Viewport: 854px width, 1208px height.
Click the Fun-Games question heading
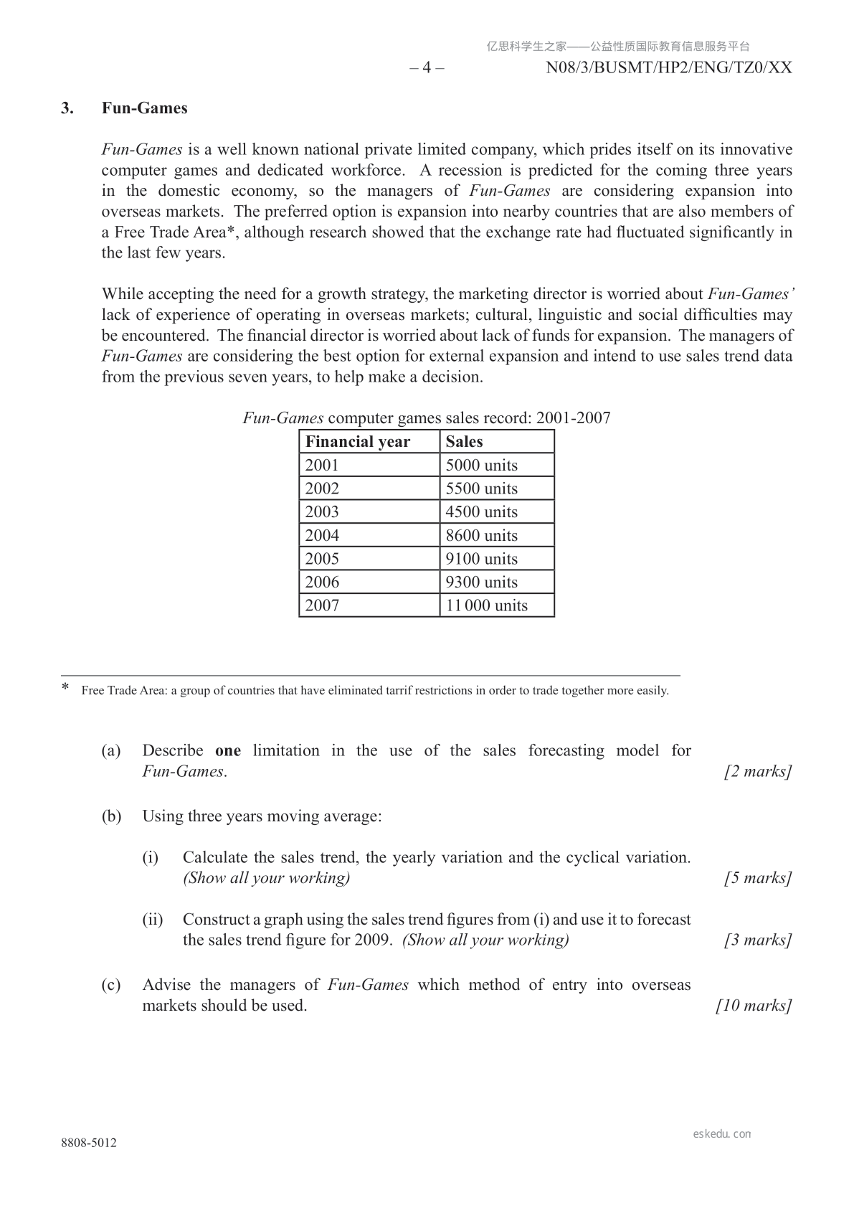click(144, 108)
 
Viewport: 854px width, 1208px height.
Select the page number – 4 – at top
click(427, 67)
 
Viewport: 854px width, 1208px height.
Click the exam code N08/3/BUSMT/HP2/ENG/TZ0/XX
click(668, 67)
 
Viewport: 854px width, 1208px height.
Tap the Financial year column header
click(357, 442)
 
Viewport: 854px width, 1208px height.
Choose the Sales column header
click(464, 442)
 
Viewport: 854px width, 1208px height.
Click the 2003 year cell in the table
click(322, 512)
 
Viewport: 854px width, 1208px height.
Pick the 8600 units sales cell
click(481, 535)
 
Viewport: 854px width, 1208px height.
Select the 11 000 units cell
click(486, 605)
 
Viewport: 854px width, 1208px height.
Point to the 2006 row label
click(322, 582)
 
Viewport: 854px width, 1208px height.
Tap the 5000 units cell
click(481, 466)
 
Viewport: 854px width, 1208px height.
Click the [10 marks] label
click(754, 1006)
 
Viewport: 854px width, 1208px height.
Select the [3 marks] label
click(758, 940)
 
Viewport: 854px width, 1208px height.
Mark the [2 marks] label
click(758, 772)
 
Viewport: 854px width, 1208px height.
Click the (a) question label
click(111, 751)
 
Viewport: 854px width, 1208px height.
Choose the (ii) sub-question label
click(152, 920)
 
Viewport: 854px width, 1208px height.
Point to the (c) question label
click(111, 985)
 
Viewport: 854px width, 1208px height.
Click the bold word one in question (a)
click(228, 751)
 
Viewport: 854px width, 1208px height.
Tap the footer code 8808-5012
click(88, 1143)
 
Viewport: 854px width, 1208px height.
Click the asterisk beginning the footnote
click(65, 688)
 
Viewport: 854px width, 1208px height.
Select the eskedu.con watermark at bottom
click(722, 1134)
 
